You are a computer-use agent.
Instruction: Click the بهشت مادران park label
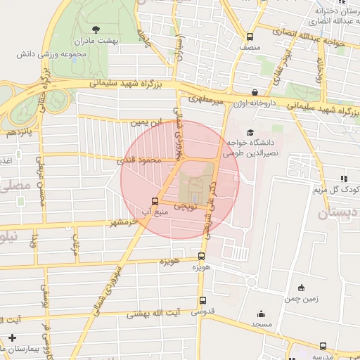96,41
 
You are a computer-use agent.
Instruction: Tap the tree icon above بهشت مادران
96,29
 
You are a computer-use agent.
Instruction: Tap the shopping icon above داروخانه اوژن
255,91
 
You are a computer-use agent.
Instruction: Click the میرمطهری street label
210,103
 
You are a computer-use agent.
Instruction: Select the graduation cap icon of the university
250,132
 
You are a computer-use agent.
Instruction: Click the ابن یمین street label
146,122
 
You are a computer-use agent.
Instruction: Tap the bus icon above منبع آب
155,200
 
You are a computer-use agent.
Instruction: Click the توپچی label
185,207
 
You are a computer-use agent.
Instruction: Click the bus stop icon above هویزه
202,257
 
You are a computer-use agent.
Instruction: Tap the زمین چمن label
302,298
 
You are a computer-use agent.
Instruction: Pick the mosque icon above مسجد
262,314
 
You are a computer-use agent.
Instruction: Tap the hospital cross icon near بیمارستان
11,338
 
